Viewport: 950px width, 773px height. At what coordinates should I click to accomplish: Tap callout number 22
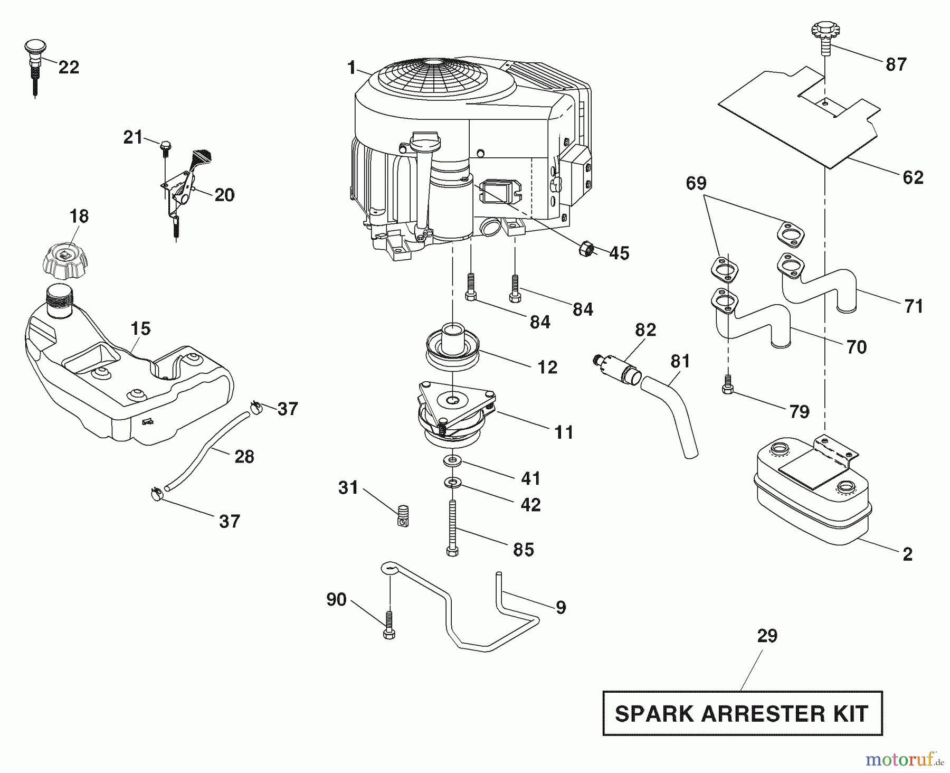69,67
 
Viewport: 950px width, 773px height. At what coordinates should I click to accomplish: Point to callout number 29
767,636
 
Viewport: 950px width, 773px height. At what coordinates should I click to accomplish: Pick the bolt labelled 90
389,625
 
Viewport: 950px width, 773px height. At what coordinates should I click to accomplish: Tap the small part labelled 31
403,515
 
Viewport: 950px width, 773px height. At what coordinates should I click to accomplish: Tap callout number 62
913,177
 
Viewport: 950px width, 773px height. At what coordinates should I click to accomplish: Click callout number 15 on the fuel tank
140,328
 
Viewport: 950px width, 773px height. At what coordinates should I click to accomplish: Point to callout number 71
913,306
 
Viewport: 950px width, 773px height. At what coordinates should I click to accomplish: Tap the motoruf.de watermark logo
904,761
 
